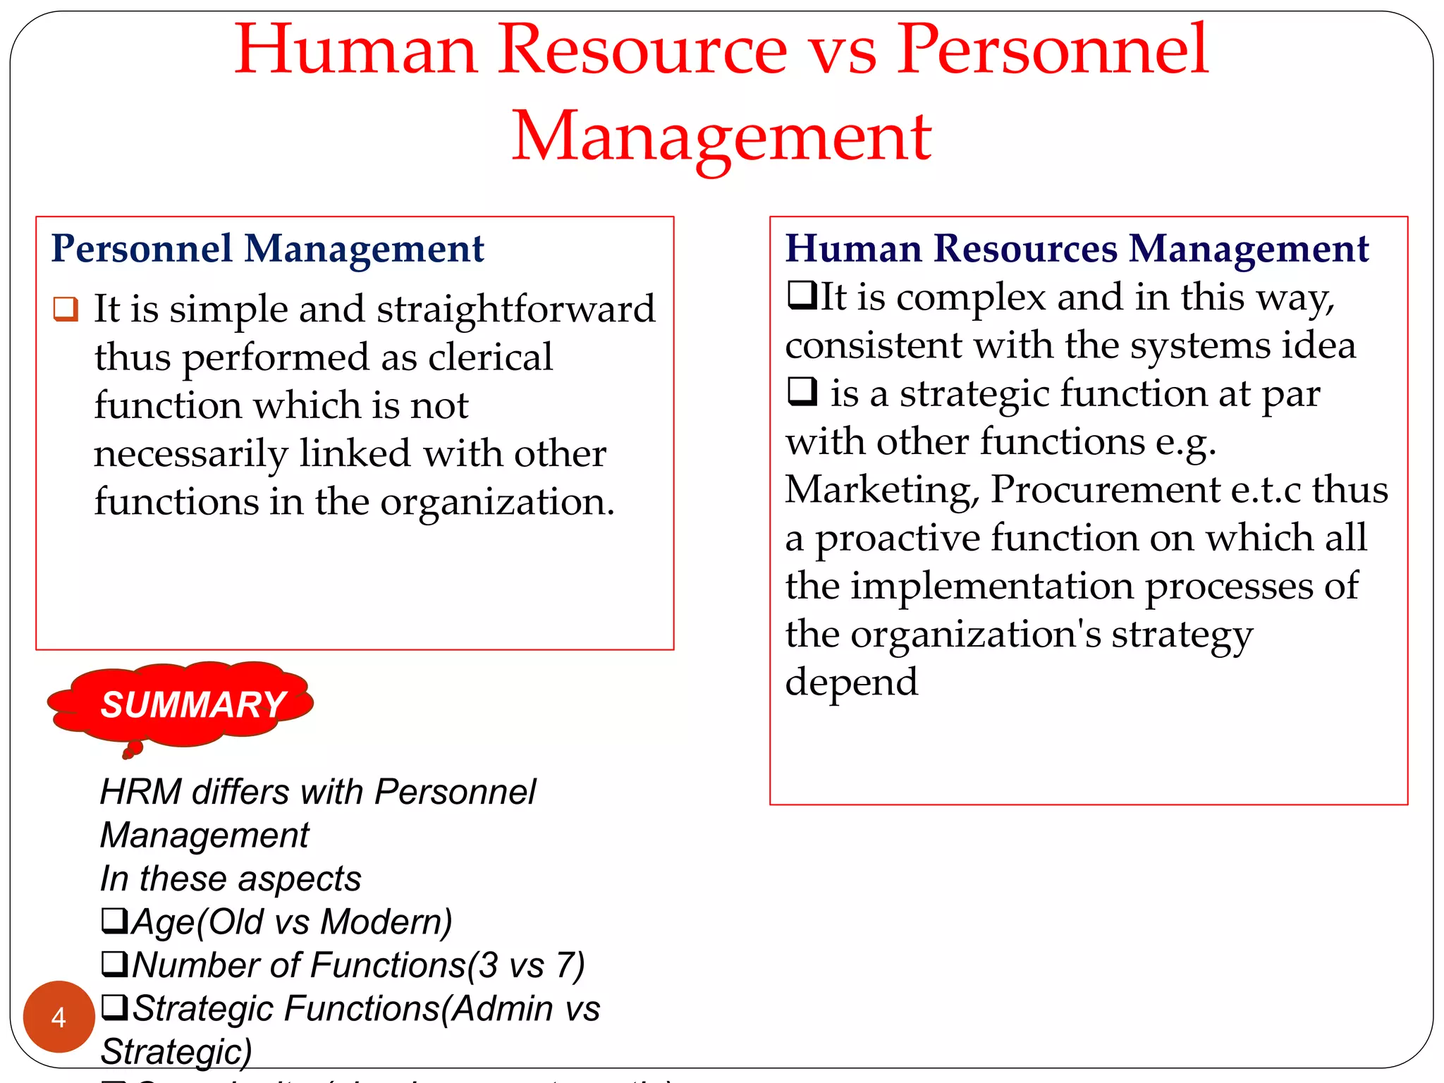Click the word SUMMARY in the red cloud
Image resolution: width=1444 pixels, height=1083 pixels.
[x=192, y=705]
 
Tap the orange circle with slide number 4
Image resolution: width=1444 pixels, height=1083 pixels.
[x=59, y=1016]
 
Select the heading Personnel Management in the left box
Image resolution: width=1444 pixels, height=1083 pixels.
[x=267, y=249]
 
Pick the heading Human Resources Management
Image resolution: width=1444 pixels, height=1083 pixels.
[x=1077, y=249]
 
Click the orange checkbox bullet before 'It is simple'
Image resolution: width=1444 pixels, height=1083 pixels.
[x=66, y=309]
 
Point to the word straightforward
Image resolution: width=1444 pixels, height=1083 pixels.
[x=515, y=310]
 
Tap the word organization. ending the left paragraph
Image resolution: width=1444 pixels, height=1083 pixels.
[x=497, y=502]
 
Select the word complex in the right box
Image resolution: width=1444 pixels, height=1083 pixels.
[x=971, y=297]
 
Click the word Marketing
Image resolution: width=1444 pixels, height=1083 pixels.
[x=882, y=489]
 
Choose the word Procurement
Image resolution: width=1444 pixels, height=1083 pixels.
[x=1106, y=489]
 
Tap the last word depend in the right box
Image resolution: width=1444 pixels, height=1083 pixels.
[x=851, y=682]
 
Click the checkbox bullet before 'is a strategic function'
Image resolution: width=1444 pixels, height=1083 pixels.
[x=802, y=391]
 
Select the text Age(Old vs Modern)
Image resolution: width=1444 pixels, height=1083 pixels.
[x=291, y=922]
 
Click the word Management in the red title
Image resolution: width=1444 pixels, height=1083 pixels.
[x=721, y=136]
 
